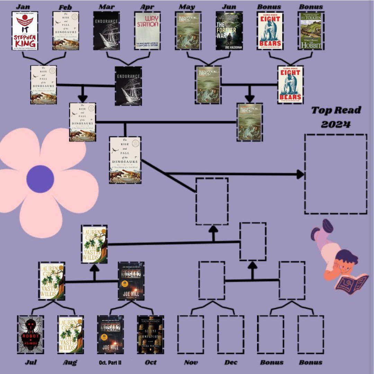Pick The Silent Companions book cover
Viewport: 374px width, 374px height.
(x=150, y=335)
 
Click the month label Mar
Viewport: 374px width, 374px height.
(x=106, y=7)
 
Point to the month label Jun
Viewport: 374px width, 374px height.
(x=229, y=7)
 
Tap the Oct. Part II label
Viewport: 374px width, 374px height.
(x=109, y=363)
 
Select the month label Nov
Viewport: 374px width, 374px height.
(x=191, y=362)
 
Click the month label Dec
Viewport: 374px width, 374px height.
(x=231, y=362)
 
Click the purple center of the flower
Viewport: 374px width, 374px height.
(x=40, y=179)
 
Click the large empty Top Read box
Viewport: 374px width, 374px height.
(x=335, y=174)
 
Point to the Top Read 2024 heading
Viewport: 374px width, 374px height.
(x=336, y=117)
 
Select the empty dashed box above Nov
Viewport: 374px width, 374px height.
(x=190, y=335)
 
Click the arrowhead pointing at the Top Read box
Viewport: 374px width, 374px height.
(x=300, y=174)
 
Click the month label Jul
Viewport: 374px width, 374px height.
(x=31, y=362)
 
